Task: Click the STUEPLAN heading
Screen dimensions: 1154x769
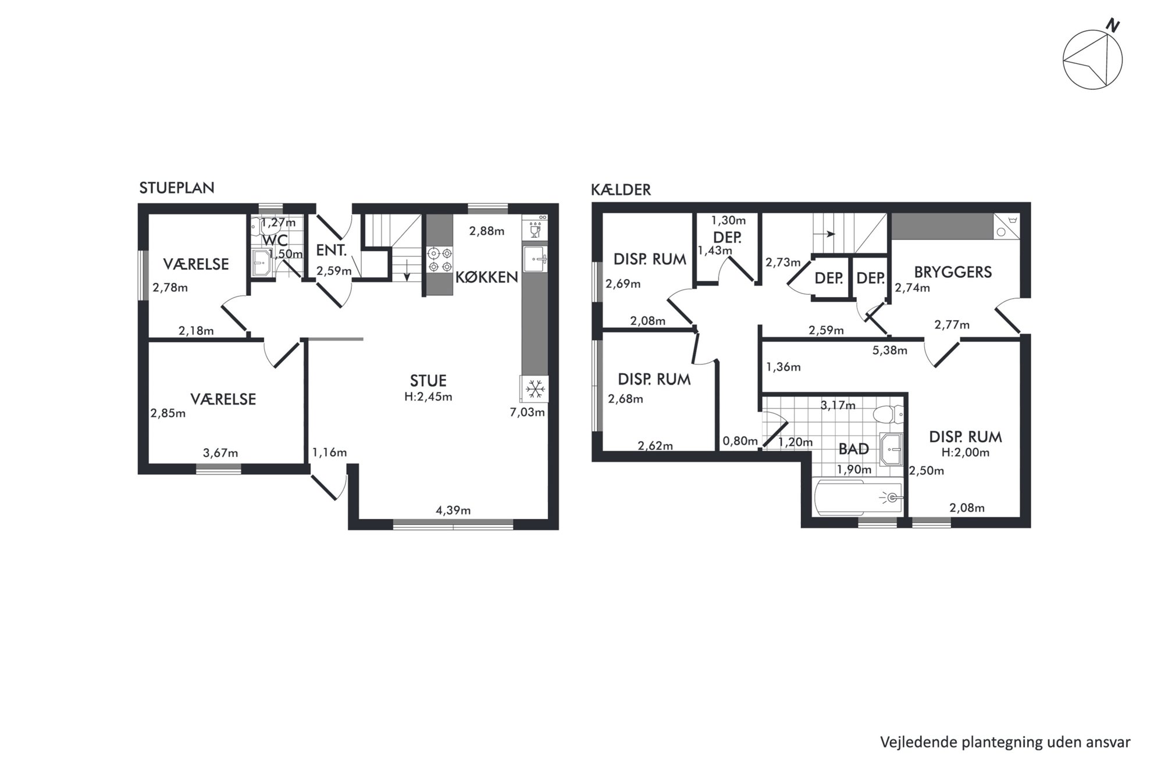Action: tap(177, 188)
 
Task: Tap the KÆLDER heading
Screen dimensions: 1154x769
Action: tap(621, 189)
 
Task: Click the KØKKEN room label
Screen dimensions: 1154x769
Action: tap(486, 277)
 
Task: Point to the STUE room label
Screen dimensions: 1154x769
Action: tap(428, 381)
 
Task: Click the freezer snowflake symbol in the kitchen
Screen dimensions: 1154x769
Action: tap(535, 388)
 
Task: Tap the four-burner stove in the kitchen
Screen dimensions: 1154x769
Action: tap(440, 260)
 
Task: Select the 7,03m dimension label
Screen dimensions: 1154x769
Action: tap(527, 413)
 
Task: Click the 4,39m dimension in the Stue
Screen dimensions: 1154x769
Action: tap(453, 510)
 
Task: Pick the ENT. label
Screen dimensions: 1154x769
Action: tap(332, 251)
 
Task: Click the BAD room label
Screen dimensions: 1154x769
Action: tap(853, 449)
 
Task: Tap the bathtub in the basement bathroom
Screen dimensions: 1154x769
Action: tap(859, 497)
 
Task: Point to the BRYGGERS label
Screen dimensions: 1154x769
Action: tap(953, 272)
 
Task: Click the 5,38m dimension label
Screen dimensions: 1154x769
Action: tap(890, 350)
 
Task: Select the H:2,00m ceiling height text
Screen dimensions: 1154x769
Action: tap(966, 453)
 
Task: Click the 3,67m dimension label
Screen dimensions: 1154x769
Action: tap(220, 453)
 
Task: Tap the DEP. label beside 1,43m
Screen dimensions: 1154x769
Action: tap(727, 238)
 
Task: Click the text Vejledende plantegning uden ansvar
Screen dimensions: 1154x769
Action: tap(1005, 742)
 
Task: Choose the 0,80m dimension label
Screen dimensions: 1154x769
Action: tap(740, 441)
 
